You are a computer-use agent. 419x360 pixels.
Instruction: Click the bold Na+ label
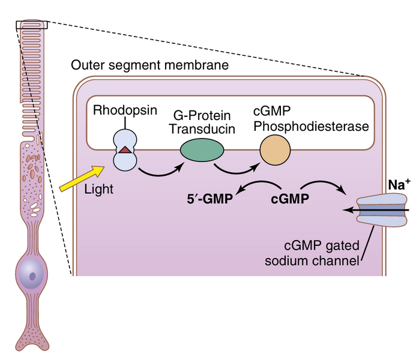point(399,185)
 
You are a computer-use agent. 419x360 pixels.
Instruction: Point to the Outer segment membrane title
point(149,65)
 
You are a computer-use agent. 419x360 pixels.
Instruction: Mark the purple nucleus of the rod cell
point(34,277)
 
